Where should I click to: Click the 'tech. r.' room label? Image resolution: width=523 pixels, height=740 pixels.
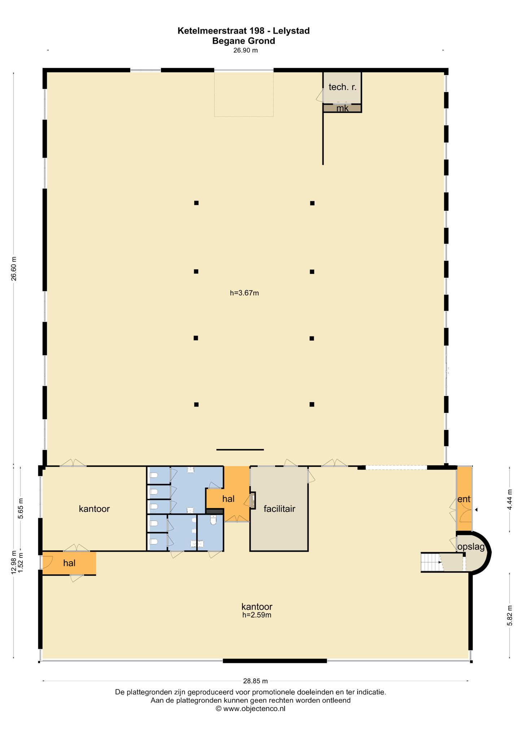pyautogui.click(x=343, y=87)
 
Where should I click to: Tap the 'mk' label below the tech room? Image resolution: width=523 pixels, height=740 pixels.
pyautogui.click(x=342, y=108)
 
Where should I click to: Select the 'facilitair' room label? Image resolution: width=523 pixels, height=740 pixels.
pyautogui.click(x=279, y=509)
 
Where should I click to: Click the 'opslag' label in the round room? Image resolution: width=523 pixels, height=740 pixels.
pyautogui.click(x=471, y=547)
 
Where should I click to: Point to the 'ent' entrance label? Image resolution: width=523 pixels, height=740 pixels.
pyautogui.click(x=464, y=499)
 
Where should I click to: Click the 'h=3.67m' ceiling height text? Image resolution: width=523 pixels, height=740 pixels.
pyautogui.click(x=244, y=293)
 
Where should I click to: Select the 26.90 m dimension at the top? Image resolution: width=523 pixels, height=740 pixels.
pyautogui.click(x=245, y=51)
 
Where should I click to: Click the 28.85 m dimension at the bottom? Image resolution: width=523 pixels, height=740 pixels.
pyautogui.click(x=255, y=681)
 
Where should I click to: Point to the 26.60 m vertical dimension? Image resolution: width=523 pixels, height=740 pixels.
pyautogui.click(x=14, y=268)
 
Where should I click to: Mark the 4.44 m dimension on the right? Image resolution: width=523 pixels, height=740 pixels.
pyautogui.click(x=510, y=500)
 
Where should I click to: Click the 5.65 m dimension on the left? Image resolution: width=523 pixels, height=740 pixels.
pyautogui.click(x=21, y=508)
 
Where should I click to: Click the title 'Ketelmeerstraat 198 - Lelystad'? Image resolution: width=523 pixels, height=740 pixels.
pyautogui.click(x=244, y=31)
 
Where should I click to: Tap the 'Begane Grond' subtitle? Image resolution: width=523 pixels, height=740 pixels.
pyautogui.click(x=244, y=41)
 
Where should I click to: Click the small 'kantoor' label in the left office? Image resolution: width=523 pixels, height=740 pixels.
pyautogui.click(x=94, y=509)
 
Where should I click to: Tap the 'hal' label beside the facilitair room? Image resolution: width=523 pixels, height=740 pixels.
pyautogui.click(x=228, y=499)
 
